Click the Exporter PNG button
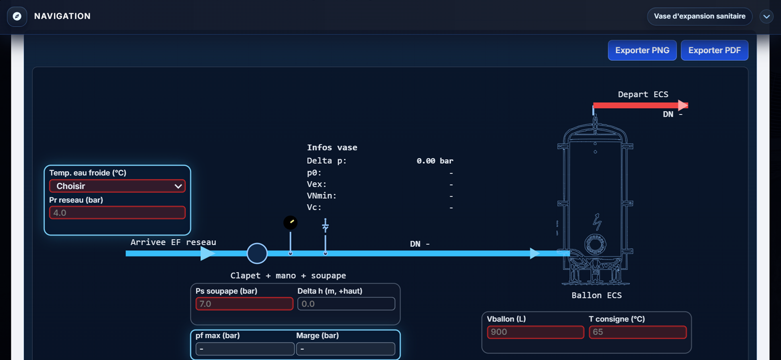tap(642, 50)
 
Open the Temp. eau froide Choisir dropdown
tap(117, 186)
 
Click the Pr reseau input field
tap(117, 213)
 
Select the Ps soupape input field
tap(244, 303)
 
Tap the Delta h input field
tap(346, 303)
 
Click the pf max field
tap(245, 349)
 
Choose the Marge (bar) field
tap(346, 349)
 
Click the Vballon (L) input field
tap(535, 332)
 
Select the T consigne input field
tap(638, 332)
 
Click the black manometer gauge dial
tap(291, 222)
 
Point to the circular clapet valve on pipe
tap(257, 253)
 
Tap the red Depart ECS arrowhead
tap(683, 105)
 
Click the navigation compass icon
tap(17, 16)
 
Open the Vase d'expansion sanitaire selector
tap(700, 16)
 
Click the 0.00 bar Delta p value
tap(435, 161)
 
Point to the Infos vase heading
tap(332, 147)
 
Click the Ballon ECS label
tap(597, 295)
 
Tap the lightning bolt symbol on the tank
tap(597, 221)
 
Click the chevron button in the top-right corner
tap(767, 16)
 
